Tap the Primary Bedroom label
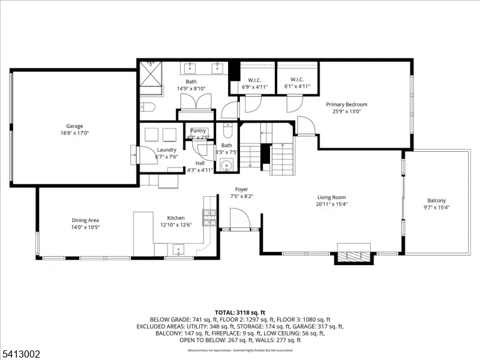click(347, 104)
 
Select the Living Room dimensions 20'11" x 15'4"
click(331, 204)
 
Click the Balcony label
click(436, 200)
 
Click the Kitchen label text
click(176, 218)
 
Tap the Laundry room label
click(166, 149)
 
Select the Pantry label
click(198, 131)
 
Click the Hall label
click(200, 163)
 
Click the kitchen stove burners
click(209, 217)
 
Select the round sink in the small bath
click(226, 166)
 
